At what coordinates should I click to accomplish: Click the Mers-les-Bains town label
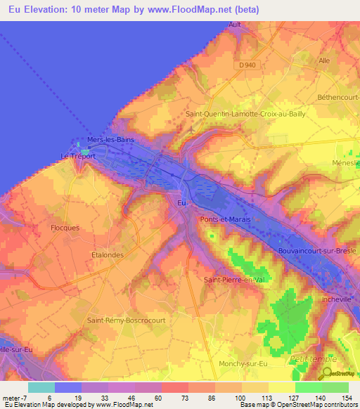[109, 139]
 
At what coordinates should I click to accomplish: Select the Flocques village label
[65, 228]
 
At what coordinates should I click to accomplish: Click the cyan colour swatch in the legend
[41, 387]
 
